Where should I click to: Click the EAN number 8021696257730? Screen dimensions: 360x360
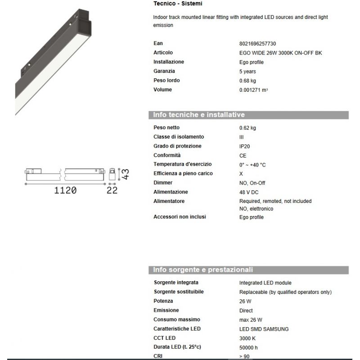coord(257,44)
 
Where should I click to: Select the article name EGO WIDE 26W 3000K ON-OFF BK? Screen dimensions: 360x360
coord(280,53)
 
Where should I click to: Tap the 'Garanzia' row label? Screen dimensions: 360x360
coord(164,71)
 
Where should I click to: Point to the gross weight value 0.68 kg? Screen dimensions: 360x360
coord(247,81)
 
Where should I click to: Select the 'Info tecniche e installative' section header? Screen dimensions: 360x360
coord(199,115)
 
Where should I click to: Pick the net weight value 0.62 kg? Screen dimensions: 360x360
coord(247,128)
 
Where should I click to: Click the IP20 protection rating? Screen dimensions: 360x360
coord(245,146)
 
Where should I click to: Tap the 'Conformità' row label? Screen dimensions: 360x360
coord(167,155)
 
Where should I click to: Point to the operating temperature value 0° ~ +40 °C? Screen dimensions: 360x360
coord(252,165)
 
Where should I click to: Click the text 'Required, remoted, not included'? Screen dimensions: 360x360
coord(275,201)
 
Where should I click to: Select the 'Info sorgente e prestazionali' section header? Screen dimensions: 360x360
coord(203,270)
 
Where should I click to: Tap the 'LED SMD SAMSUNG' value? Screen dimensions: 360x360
coord(264,329)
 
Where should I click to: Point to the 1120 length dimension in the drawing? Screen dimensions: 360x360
coord(65,190)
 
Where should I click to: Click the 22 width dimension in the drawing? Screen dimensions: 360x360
coord(112,190)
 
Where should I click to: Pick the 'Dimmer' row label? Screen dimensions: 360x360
coord(163,183)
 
